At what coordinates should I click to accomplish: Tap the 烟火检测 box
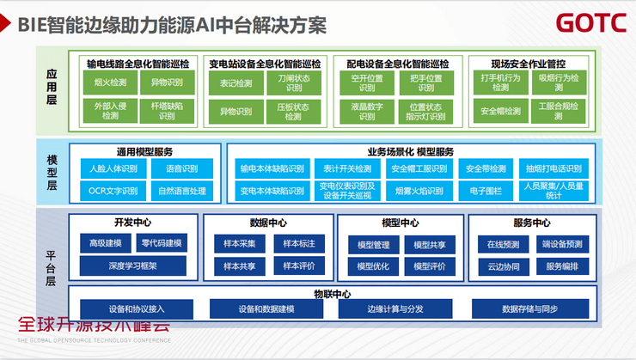[x=111, y=83]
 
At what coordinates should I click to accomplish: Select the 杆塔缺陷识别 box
[x=167, y=110]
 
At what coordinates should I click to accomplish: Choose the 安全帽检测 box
[x=500, y=111]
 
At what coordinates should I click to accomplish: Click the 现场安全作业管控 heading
[x=528, y=64]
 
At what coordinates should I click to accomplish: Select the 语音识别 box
[x=181, y=168]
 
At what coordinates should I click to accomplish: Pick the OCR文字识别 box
[x=113, y=191]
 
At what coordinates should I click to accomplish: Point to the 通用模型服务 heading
[x=144, y=152]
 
